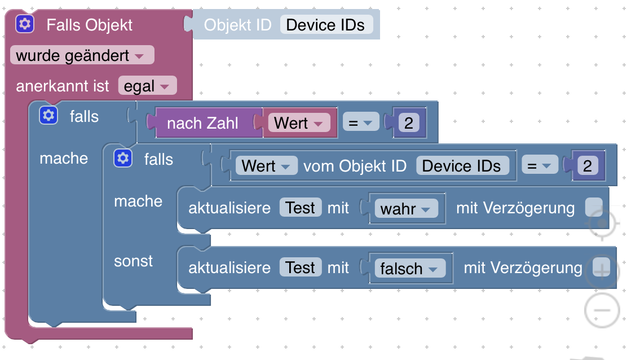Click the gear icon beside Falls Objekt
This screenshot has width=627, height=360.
(25, 24)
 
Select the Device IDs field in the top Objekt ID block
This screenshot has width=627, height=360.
(326, 25)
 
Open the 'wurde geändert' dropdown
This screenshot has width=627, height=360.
(81, 55)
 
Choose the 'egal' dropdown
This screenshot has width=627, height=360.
(147, 86)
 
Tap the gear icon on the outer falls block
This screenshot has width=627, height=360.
(48, 116)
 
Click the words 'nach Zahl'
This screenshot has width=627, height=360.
(202, 123)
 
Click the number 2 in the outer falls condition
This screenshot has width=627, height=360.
(408, 123)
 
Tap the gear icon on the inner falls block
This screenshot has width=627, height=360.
(123, 158)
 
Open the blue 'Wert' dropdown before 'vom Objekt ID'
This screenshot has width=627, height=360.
(266, 166)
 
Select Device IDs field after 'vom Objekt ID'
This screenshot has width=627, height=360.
(462, 166)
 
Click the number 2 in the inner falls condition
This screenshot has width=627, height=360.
(588, 166)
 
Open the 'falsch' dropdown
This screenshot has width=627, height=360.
(409, 269)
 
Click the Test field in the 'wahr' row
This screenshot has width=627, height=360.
(301, 208)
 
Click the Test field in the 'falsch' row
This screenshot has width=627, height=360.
(301, 267)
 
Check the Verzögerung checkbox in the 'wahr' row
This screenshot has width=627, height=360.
(593, 208)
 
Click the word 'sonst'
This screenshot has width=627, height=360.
(134, 261)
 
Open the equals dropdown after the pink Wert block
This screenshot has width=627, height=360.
(360, 123)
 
